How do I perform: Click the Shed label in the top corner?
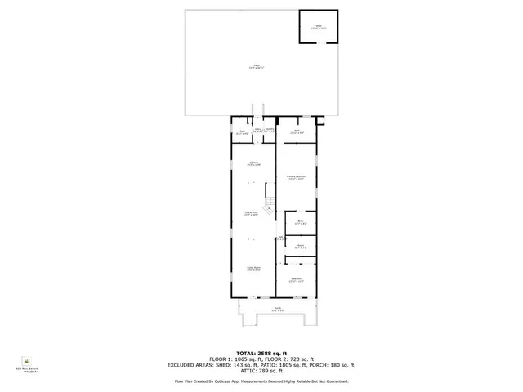(320, 27)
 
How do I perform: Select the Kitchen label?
(254, 163)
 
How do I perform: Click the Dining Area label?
(253, 213)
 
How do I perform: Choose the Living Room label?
(254, 269)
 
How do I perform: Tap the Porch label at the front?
(276, 309)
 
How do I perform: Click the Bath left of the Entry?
(242, 132)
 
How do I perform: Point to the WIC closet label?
(299, 221)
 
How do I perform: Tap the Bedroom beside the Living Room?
(297, 279)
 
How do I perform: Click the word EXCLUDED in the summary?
(185, 364)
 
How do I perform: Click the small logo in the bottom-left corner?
(27, 361)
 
